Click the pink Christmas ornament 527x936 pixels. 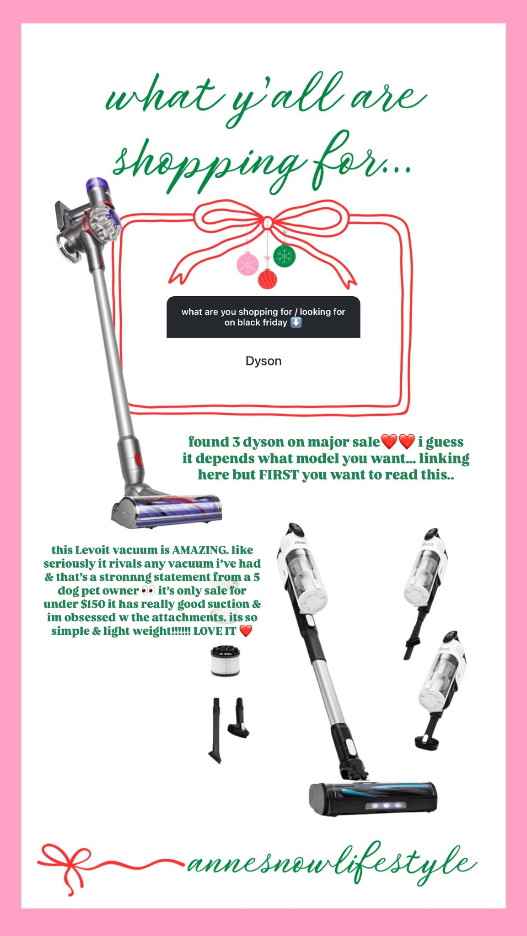[x=247, y=264]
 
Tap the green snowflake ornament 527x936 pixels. [x=284, y=255]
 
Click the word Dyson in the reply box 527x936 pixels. [x=263, y=361]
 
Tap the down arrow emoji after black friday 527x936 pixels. [x=296, y=323]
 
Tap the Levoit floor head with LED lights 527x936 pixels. [x=373, y=798]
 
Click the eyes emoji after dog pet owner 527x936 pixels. [x=148, y=590]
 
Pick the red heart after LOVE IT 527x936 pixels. [x=246, y=632]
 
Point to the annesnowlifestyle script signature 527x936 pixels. [x=332, y=864]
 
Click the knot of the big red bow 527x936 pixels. [x=267, y=223]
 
